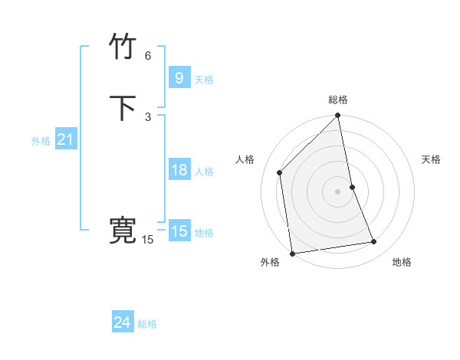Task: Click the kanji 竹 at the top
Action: pyautogui.click(x=123, y=47)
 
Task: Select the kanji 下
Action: pyautogui.click(x=123, y=108)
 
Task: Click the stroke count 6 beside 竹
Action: pyautogui.click(x=148, y=56)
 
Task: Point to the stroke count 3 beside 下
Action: pyautogui.click(x=148, y=116)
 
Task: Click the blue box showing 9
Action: pyautogui.click(x=179, y=77)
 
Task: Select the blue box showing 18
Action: pyautogui.click(x=179, y=170)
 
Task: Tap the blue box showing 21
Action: pyautogui.click(x=65, y=139)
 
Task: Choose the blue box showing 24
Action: pyautogui.click(x=122, y=323)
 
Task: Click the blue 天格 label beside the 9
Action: pyautogui.click(x=204, y=80)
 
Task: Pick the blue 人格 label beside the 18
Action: pyautogui.click(x=204, y=172)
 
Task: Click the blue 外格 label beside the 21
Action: pyautogui.click(x=41, y=141)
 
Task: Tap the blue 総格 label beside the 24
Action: pyautogui.click(x=147, y=325)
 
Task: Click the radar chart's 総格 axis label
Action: pyautogui.click(x=338, y=100)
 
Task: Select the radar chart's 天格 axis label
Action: pyautogui.click(x=431, y=159)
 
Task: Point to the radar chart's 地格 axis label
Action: pyautogui.click(x=402, y=263)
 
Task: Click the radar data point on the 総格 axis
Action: pyautogui.click(x=338, y=116)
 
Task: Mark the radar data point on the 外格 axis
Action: pyautogui.click(x=292, y=253)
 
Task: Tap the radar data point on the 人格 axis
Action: pyautogui.click(x=280, y=172)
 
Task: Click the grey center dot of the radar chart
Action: pyautogui.click(x=338, y=191)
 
